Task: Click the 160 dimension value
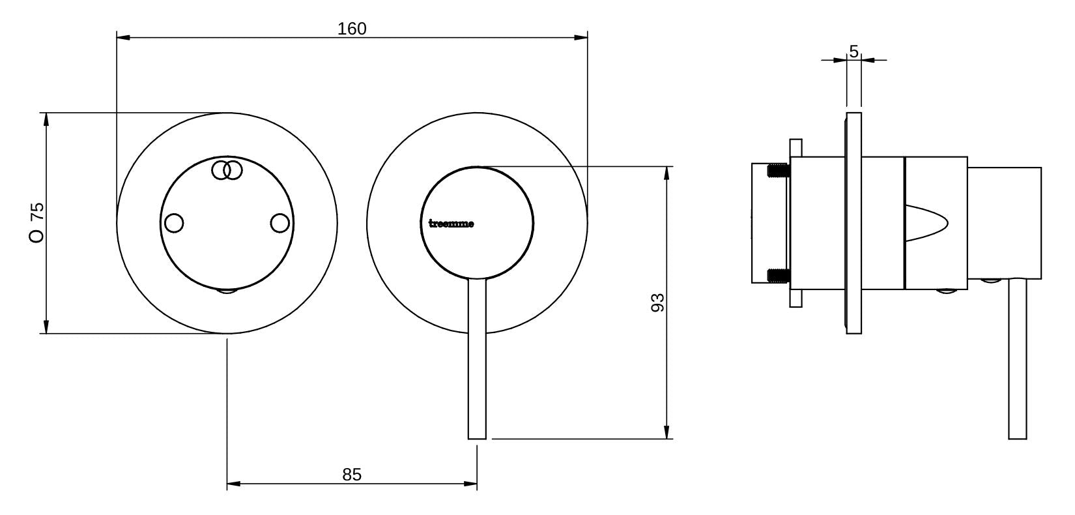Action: [352, 29]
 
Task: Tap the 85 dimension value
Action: [352, 475]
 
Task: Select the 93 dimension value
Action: [658, 302]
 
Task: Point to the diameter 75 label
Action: [37, 222]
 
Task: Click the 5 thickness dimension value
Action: [853, 51]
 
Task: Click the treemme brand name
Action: [451, 224]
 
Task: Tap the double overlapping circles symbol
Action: [227, 170]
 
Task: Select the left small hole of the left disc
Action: [174, 223]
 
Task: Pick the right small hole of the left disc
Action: [280, 223]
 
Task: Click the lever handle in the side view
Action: [1018, 359]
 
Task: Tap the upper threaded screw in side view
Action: [779, 171]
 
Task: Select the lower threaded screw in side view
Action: [779, 275]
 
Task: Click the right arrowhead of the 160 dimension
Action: [581, 37]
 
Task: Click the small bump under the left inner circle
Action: [227, 291]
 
